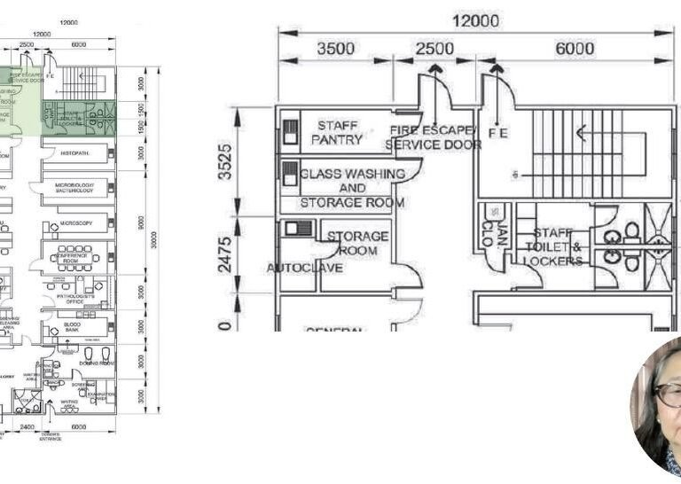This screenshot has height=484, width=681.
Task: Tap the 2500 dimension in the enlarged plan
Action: pos(436,49)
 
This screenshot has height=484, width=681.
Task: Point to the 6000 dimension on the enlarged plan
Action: pos(575,49)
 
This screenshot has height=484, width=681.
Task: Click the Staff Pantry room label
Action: pos(337,132)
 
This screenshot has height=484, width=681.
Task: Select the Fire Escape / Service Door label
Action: pos(434,137)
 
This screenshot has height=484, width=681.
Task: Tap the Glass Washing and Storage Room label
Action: pos(352,188)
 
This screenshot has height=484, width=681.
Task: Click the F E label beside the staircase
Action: pos(498,133)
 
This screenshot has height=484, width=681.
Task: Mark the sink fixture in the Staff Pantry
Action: pos(289,133)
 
